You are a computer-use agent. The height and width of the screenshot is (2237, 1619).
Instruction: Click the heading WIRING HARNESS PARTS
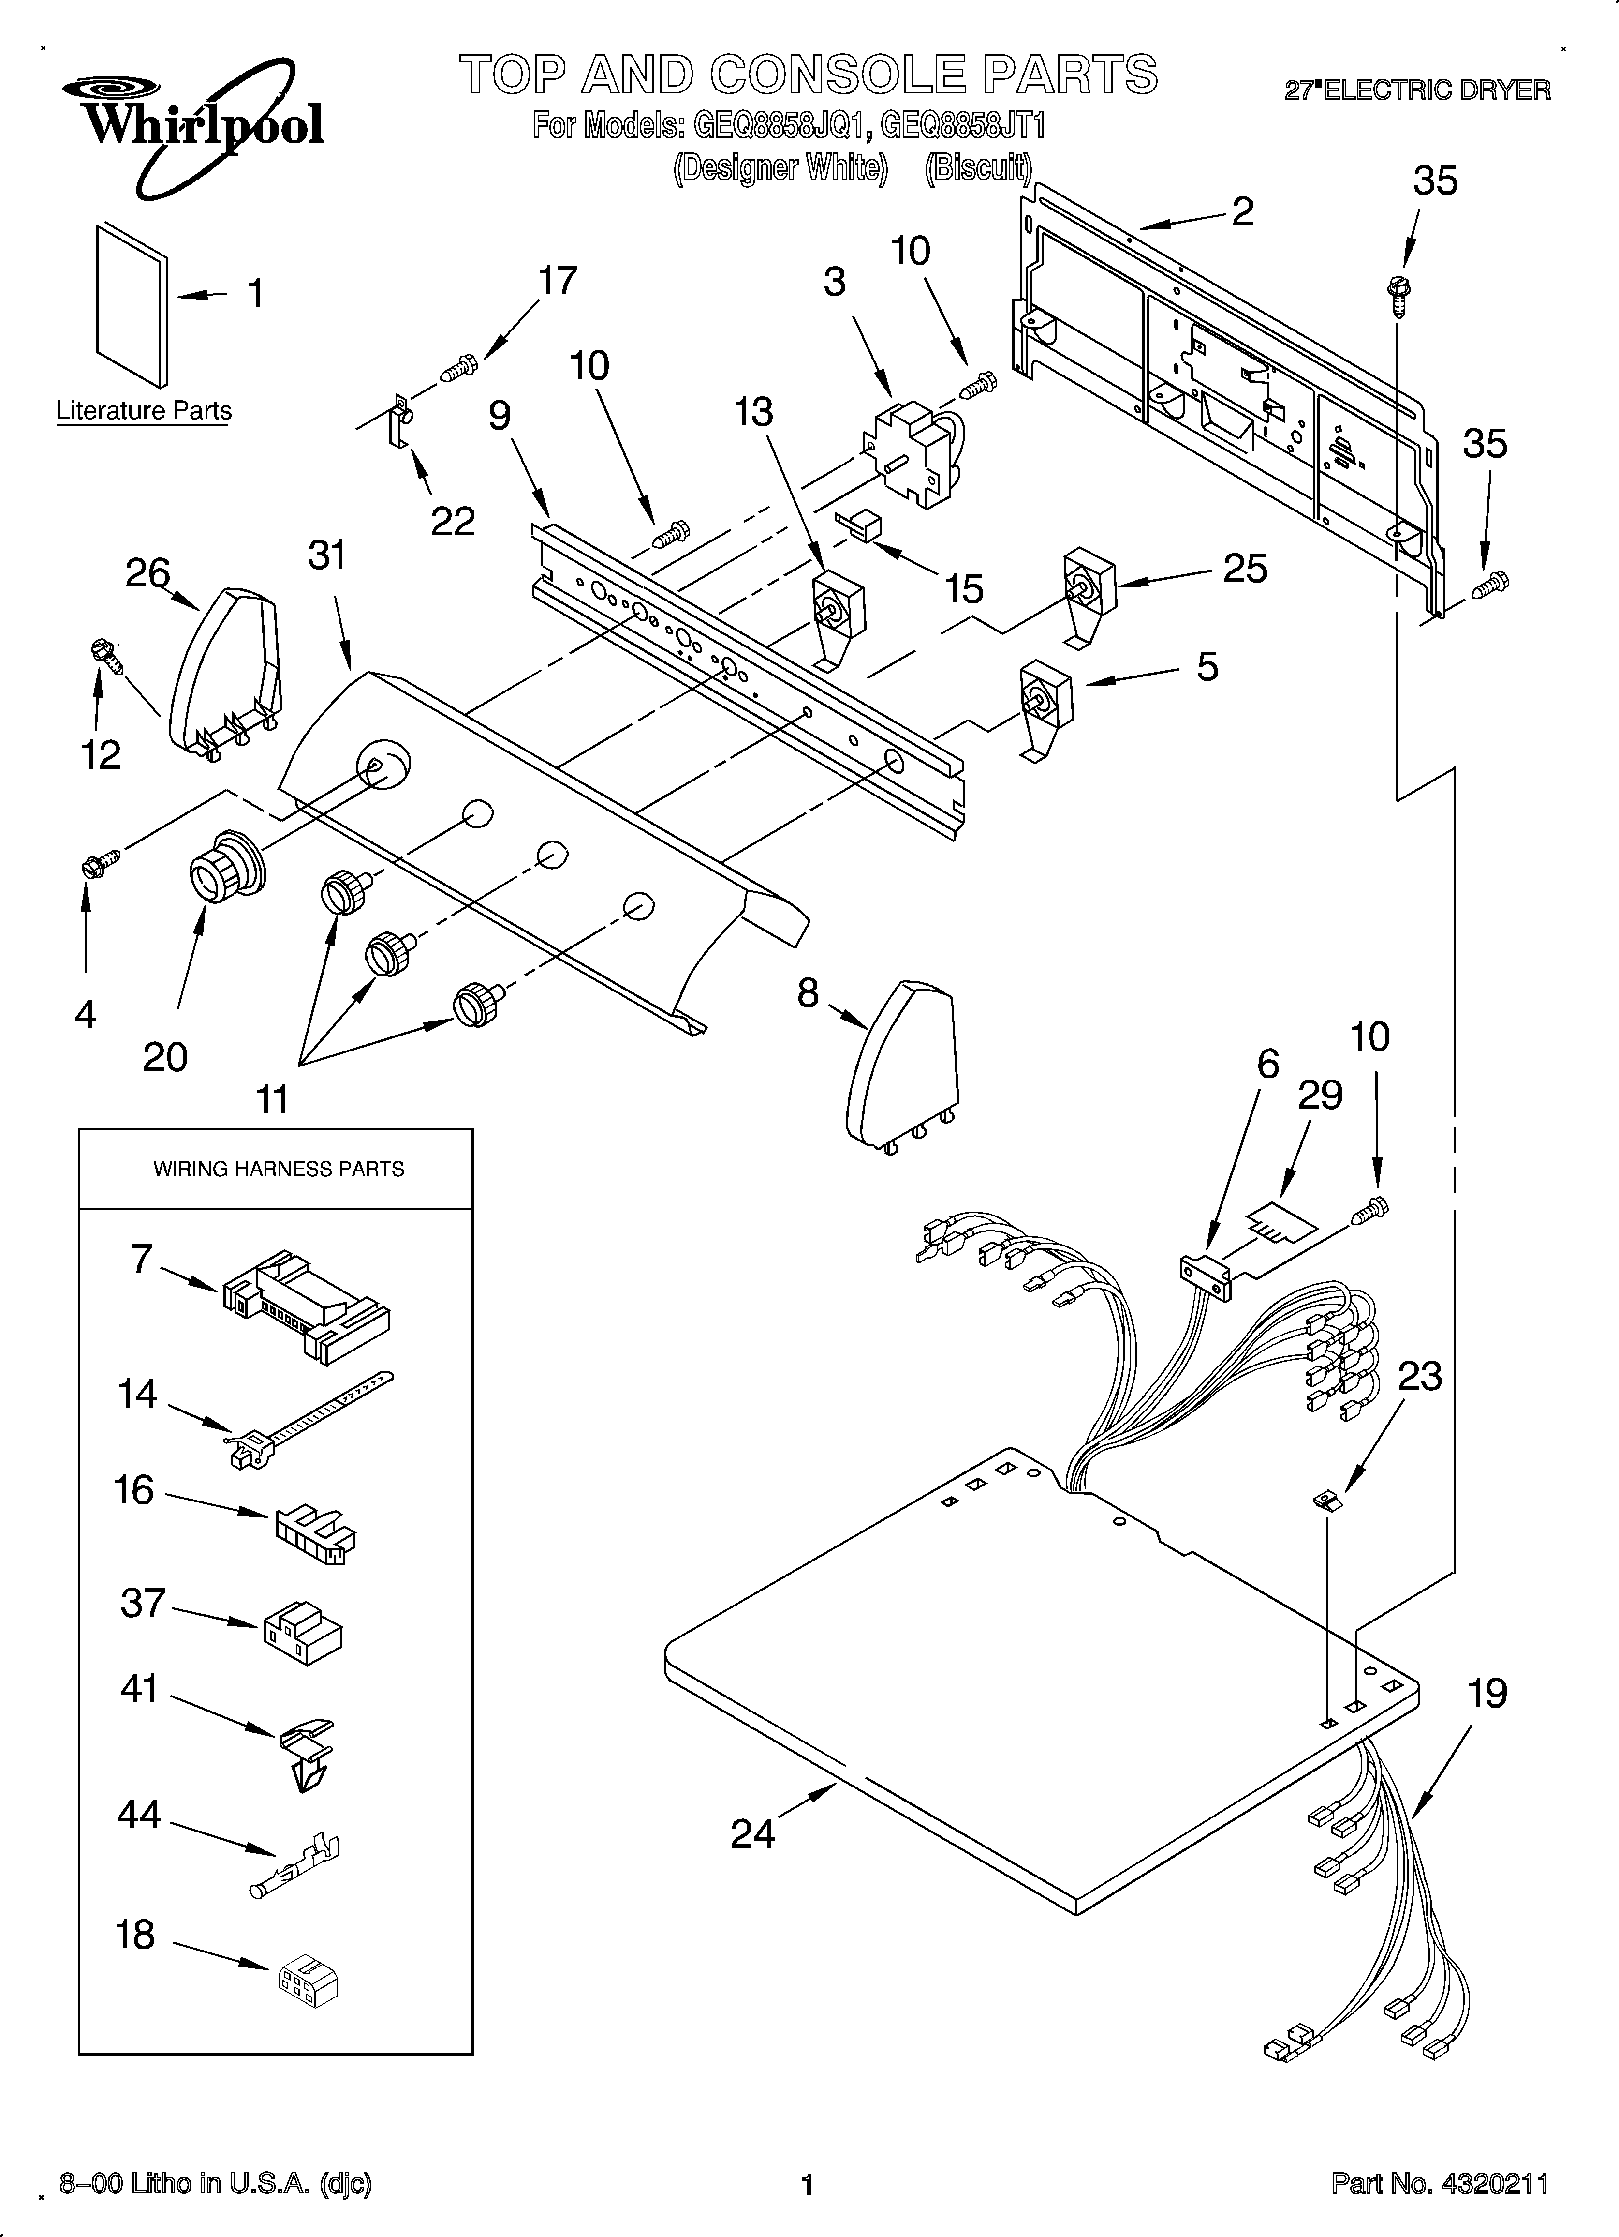point(278,1169)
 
